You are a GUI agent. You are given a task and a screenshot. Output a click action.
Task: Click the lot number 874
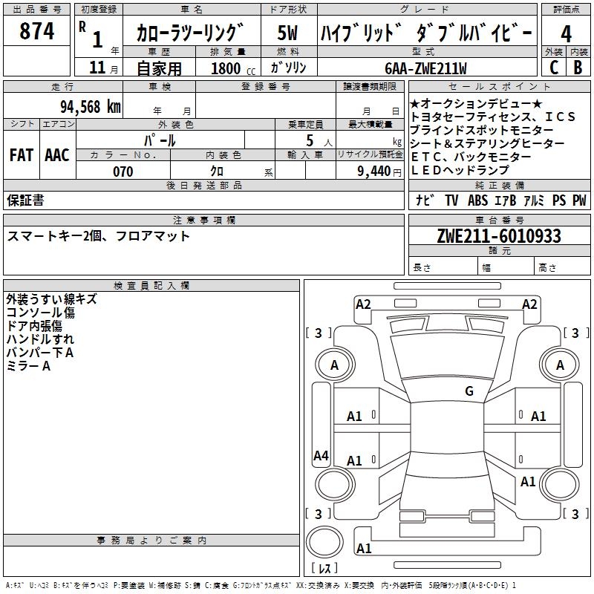(36, 31)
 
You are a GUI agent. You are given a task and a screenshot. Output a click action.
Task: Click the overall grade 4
(566, 34)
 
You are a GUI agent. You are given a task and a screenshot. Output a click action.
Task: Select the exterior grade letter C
(554, 68)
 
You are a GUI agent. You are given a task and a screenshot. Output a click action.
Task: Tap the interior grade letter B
(578, 68)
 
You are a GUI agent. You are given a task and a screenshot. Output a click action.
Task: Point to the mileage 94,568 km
(91, 107)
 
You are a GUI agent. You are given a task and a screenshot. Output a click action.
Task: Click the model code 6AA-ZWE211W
(425, 68)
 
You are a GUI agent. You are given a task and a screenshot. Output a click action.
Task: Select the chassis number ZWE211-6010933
(499, 236)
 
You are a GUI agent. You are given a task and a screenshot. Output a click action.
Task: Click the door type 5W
(287, 33)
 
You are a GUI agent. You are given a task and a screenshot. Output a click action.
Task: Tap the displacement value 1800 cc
(233, 68)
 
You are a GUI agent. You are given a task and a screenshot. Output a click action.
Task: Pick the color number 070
(123, 172)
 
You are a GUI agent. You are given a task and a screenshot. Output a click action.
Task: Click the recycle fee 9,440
(374, 172)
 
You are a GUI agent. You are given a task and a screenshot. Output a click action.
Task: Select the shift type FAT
(22, 155)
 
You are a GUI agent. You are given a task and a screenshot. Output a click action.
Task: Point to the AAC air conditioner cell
(57, 155)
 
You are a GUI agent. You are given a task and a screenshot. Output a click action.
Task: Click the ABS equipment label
(477, 200)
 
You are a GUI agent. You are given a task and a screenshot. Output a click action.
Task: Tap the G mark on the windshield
(469, 391)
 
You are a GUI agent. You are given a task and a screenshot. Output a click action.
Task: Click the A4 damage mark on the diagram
(321, 455)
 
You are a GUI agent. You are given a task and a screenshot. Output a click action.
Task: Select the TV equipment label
(451, 200)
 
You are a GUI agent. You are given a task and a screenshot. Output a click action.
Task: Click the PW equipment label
(579, 200)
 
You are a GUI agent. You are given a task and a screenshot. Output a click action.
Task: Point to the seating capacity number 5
(310, 141)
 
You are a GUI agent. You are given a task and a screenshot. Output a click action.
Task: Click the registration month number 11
(97, 68)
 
